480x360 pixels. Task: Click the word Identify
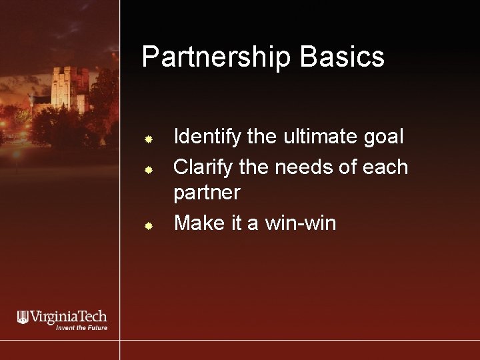[203, 138]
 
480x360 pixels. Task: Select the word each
[385, 167]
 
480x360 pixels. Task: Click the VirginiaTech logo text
[69, 317]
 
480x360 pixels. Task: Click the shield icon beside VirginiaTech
[23, 317]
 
